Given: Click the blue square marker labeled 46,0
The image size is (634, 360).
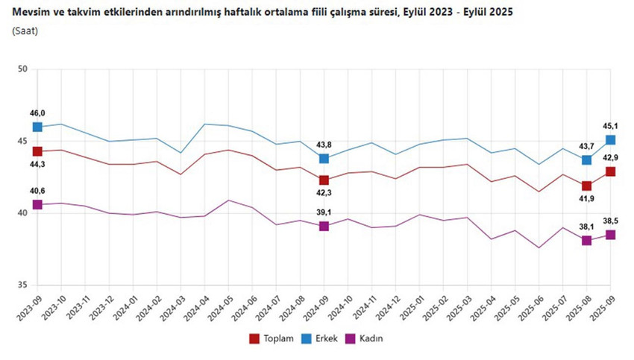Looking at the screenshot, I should point(37,127).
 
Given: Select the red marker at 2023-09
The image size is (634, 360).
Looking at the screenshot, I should point(37,151).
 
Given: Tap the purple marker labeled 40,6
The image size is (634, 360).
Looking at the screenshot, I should point(37,204).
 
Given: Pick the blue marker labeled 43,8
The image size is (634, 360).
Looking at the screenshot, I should point(324,158).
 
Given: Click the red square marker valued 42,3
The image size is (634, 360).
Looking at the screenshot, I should point(324,180).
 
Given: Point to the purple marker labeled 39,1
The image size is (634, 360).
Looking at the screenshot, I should point(324,226).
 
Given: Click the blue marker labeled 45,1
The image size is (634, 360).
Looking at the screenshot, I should point(610,139).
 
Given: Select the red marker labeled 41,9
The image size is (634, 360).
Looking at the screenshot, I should point(586,186).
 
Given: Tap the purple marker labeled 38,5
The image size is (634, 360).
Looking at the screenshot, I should point(610,234).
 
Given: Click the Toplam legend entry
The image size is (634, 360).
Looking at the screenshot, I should point(269,338).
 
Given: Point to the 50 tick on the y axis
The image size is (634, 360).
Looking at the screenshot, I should point(22,69).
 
